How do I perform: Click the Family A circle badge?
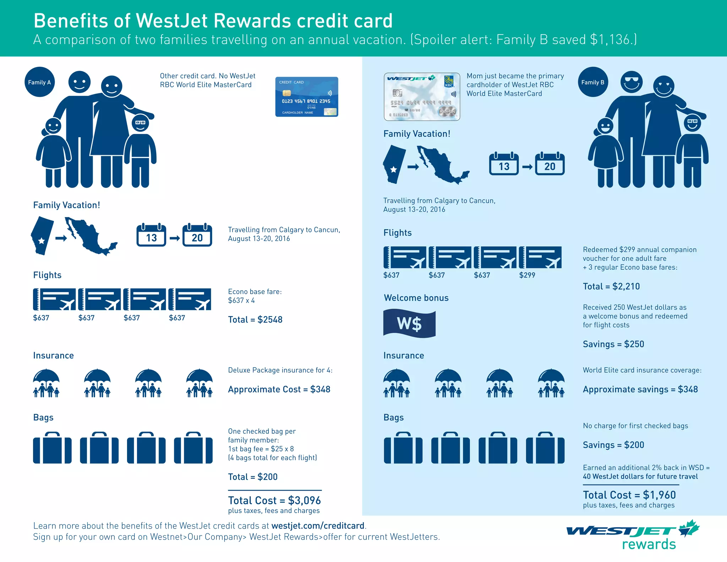click(x=39, y=82)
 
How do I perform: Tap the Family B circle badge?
click(x=593, y=82)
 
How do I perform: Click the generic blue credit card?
click(x=307, y=97)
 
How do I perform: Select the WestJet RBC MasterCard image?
click(x=422, y=97)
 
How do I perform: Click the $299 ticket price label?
click(x=527, y=275)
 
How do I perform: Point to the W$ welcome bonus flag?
click(x=409, y=324)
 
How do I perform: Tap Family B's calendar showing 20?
click(x=550, y=164)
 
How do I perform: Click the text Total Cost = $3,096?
click(x=274, y=500)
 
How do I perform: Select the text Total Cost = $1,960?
click(x=629, y=495)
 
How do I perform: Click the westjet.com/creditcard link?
click(x=318, y=525)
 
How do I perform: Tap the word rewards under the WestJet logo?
click(x=649, y=544)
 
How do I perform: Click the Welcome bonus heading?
click(x=416, y=298)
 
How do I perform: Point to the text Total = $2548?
click(x=255, y=319)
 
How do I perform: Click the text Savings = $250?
click(x=613, y=344)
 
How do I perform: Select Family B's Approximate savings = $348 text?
click(x=640, y=389)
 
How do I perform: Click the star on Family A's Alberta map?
click(x=42, y=241)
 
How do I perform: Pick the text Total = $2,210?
click(x=611, y=286)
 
